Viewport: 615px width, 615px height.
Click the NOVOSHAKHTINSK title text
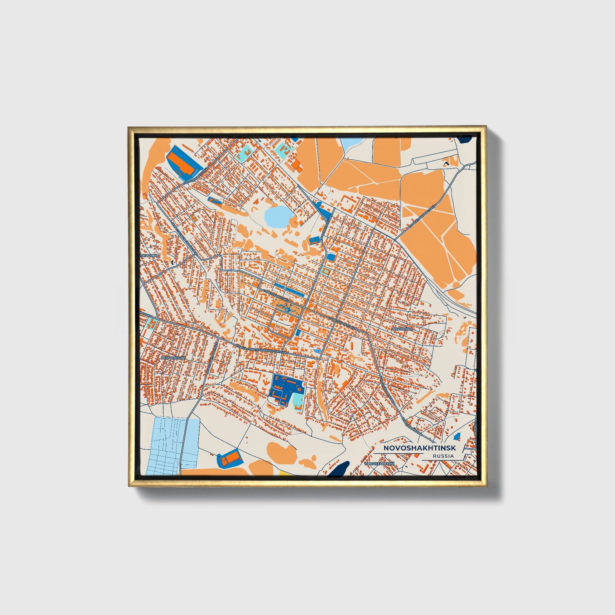420,448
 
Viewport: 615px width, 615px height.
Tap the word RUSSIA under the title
443,456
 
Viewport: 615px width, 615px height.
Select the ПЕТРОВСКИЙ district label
172,358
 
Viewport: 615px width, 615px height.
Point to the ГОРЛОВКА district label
402,329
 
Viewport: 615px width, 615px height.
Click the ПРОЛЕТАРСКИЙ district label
380,463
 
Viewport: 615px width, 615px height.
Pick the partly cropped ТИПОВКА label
149,255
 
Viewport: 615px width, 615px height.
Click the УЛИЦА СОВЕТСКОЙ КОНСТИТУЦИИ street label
260,349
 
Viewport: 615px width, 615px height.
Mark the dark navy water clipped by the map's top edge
466,139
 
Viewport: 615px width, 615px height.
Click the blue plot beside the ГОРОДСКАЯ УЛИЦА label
183,163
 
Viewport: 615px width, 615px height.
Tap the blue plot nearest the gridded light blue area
229,458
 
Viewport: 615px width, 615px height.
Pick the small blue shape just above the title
458,436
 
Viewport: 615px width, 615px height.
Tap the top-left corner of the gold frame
129,127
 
